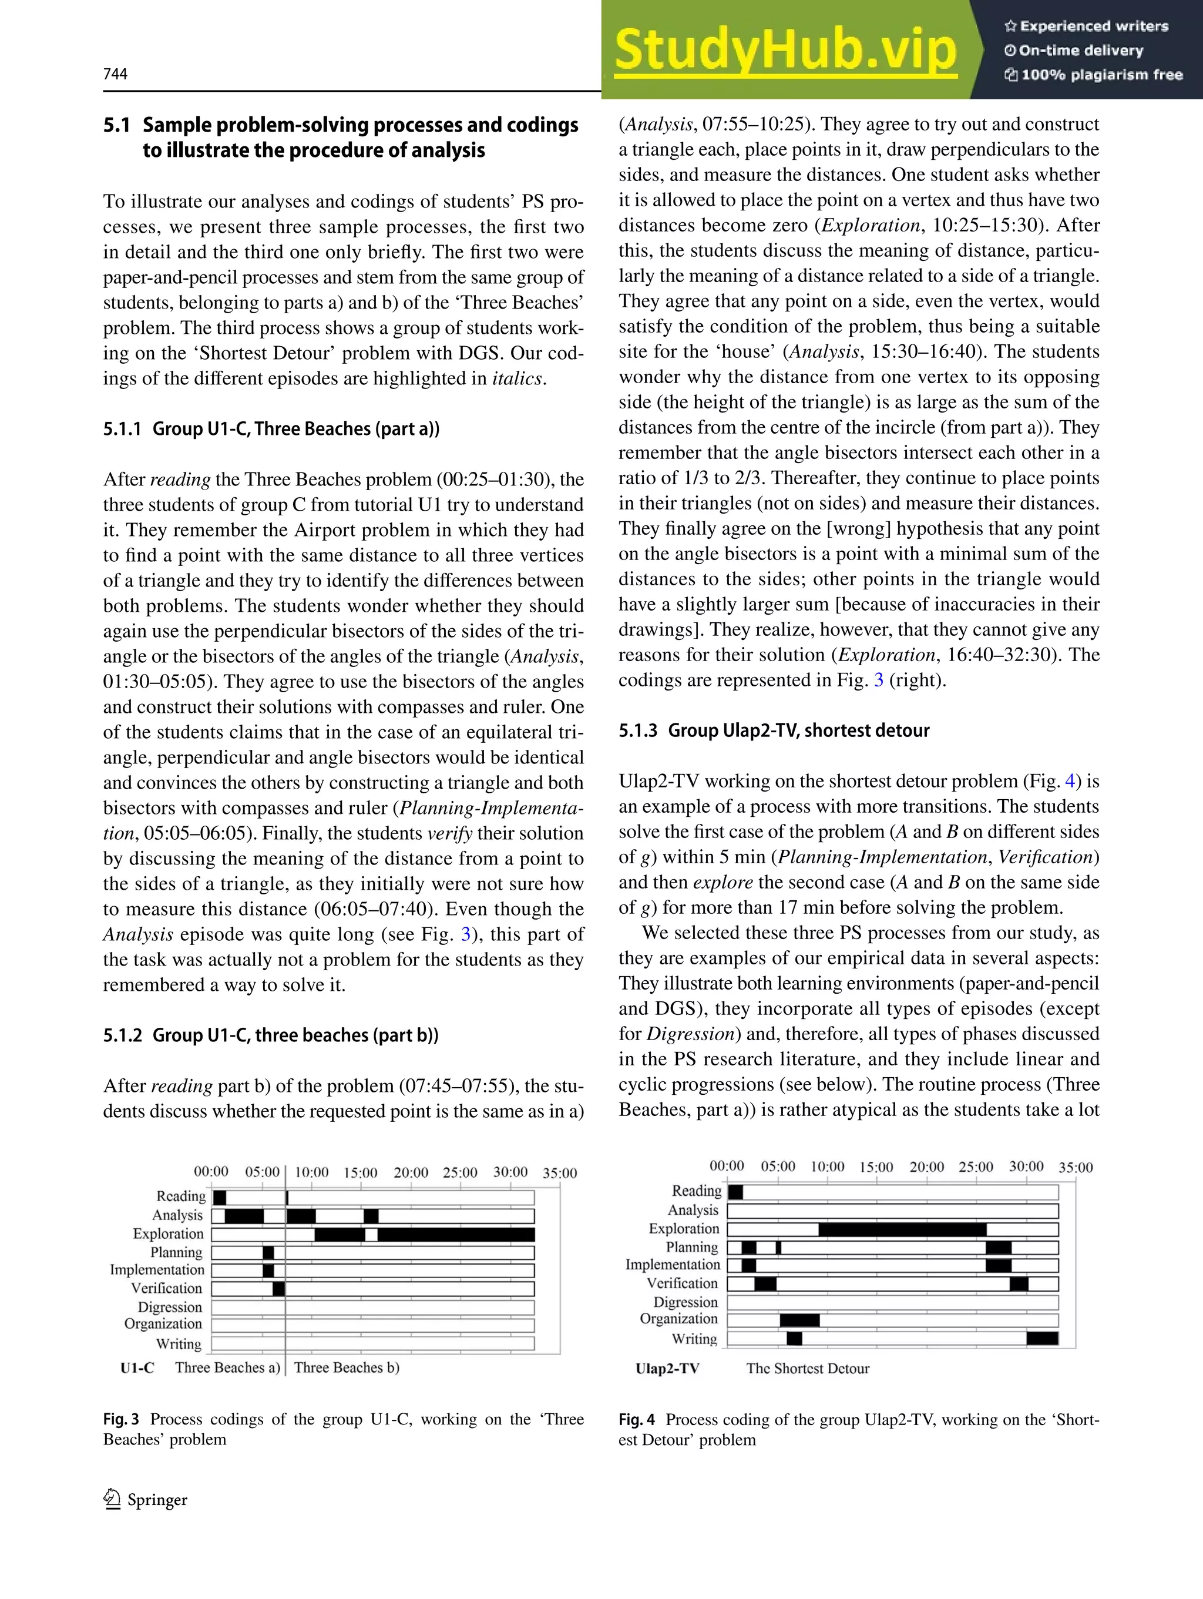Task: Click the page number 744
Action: [x=116, y=73]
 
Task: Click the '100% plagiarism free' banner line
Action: [x=1094, y=75]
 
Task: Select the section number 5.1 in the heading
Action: [x=116, y=125]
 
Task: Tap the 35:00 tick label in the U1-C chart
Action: [x=559, y=1173]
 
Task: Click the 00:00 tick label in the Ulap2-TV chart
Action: [x=726, y=1166]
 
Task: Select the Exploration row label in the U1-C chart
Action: [x=169, y=1234]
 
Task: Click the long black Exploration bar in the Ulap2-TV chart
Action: [x=902, y=1229]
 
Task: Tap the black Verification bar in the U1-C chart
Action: [x=278, y=1289]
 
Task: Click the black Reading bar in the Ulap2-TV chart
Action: [x=735, y=1191]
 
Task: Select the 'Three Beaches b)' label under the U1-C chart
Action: [x=347, y=1367]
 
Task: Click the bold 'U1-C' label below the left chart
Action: [x=137, y=1367]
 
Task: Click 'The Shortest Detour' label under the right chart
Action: [x=808, y=1369]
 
